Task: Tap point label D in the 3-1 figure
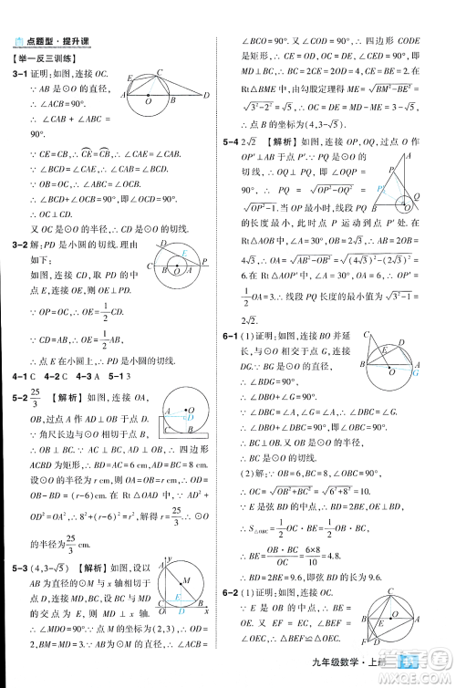pos(207,94)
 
